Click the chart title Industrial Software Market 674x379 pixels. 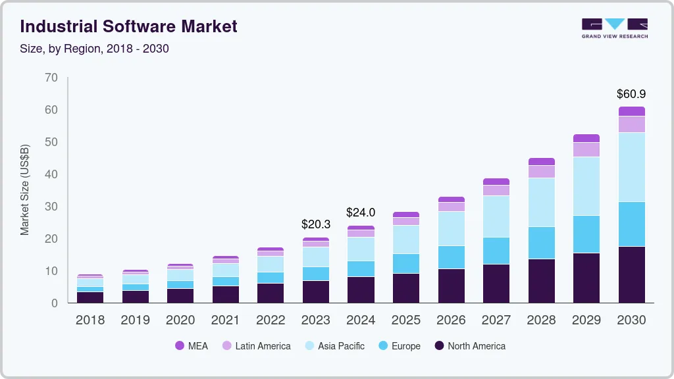coord(128,27)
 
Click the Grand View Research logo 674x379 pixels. coord(614,28)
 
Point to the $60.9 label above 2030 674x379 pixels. coord(631,94)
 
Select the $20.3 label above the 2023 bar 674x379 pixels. coord(315,225)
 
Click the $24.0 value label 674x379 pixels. coord(361,213)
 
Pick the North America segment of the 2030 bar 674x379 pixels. coord(631,274)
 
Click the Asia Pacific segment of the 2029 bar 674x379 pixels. coord(586,186)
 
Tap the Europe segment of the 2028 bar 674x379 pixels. coord(541,243)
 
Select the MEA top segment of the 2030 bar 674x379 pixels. coord(631,111)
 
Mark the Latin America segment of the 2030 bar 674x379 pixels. coord(631,124)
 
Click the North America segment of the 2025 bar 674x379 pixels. coord(406,288)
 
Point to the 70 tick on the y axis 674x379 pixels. coord(51,78)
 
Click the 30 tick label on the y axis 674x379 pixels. coord(51,207)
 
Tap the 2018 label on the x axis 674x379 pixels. coord(90,320)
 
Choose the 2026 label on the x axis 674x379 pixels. coord(451,320)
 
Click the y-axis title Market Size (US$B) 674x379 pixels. coord(25,190)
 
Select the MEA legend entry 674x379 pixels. coord(192,346)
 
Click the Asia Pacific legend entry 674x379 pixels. coord(334,346)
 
